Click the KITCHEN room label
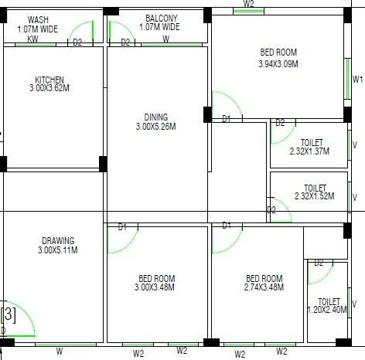[x=49, y=80]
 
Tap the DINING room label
[x=156, y=117]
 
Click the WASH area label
[x=36, y=19]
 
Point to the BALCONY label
[x=161, y=19]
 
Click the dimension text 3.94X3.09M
[x=278, y=63]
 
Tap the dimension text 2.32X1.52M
[x=315, y=197]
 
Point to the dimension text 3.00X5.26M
[x=156, y=127]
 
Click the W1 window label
[x=357, y=80]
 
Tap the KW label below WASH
[x=32, y=39]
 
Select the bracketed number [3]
[x=9, y=314]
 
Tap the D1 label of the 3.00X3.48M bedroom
[x=122, y=227]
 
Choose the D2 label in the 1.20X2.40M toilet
[x=318, y=263]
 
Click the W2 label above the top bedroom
[x=248, y=4]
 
